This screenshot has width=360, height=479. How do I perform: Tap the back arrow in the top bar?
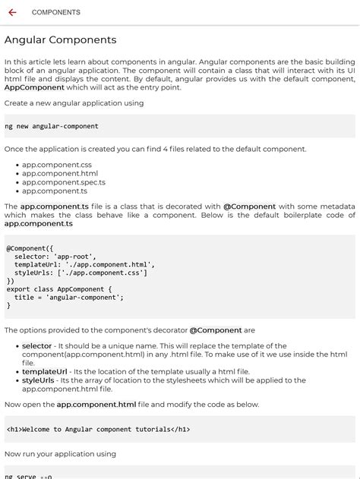13,12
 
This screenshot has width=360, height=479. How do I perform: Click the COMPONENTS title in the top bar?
56,12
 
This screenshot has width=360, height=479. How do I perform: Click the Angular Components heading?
61,39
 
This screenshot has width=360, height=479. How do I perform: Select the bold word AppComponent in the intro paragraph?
34,87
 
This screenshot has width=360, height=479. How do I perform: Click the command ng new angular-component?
52,126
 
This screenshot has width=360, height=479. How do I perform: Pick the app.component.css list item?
57,165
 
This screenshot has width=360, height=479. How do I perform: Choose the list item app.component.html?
60,173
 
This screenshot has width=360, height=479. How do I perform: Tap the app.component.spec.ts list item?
64,182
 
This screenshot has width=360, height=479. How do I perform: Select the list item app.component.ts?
55,191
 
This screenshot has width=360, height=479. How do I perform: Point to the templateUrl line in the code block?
84,265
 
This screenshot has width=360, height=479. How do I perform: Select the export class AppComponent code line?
59,289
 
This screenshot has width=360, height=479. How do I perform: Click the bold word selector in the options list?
36,346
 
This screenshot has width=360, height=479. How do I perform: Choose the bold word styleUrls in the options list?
38,380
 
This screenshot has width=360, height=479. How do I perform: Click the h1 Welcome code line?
98,429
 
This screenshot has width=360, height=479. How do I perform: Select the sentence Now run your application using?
61,454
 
